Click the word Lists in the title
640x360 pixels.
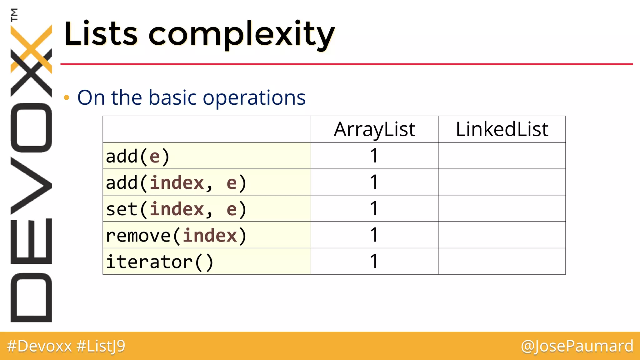[x=101, y=34]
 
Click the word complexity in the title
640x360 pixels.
[x=241, y=34]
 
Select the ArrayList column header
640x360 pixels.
[x=374, y=129]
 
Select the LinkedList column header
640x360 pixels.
[x=502, y=129]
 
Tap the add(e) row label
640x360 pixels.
[x=137, y=156]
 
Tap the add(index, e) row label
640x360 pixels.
[x=176, y=182]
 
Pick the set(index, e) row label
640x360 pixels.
[x=176, y=209]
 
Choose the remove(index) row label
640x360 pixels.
[x=176, y=235]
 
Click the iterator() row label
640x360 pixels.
[x=159, y=262]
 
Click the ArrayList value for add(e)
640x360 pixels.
[x=374, y=156]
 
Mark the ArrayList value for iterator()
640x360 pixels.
[x=374, y=261]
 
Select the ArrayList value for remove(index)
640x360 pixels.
[x=374, y=235]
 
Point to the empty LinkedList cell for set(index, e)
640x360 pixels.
[x=502, y=209]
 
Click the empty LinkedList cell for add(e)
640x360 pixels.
[x=502, y=156]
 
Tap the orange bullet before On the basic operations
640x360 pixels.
[x=66, y=98]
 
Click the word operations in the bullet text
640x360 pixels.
[x=254, y=98]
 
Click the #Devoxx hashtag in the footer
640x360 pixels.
[x=39, y=346]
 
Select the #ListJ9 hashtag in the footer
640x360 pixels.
[x=101, y=346]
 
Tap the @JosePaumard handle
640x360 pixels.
[x=577, y=346]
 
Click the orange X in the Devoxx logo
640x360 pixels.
[x=31, y=49]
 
